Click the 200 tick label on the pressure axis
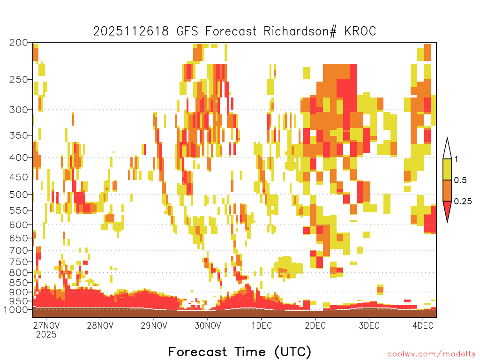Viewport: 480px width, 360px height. point(19,42)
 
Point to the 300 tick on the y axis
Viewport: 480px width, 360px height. point(19,110)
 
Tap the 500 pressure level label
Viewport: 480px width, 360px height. point(19,195)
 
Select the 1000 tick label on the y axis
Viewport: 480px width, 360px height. point(16,309)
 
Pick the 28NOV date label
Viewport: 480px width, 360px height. point(100,325)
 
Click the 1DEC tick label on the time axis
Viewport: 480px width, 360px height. point(262,325)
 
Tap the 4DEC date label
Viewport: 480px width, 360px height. point(423,325)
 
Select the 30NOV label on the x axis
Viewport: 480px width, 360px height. point(208,325)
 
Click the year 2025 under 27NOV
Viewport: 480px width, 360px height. point(46,335)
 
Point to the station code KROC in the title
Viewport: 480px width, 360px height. point(360,31)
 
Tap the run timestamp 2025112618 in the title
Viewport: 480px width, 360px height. point(131,31)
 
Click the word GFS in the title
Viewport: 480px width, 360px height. point(187,31)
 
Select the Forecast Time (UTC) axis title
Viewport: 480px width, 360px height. point(240,352)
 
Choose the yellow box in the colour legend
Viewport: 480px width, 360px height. point(447,169)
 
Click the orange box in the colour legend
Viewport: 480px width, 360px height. point(447,190)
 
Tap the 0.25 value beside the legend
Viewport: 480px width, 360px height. point(463,202)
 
